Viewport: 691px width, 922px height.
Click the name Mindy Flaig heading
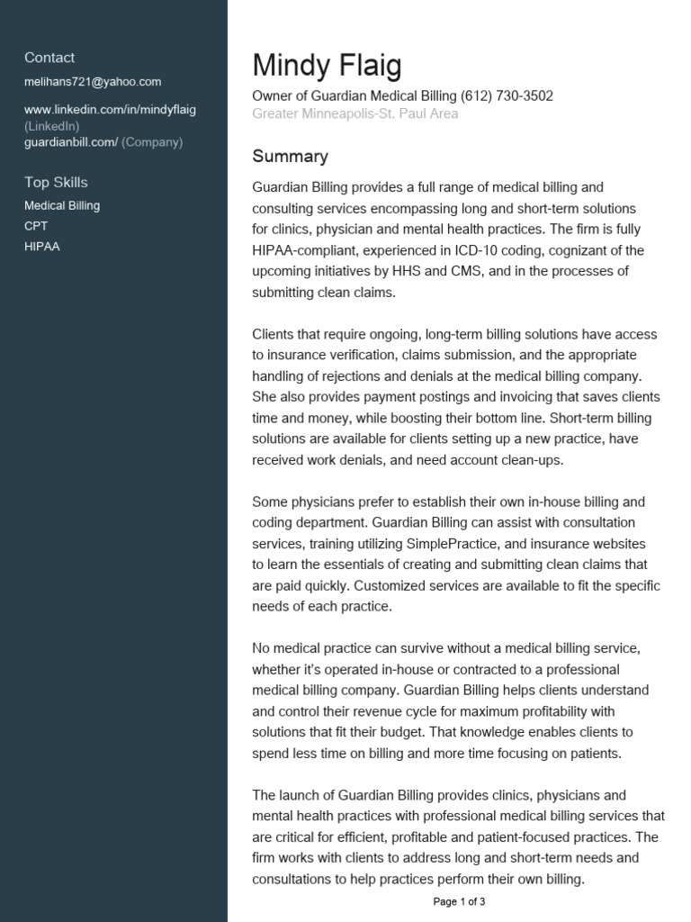pyautogui.click(x=327, y=66)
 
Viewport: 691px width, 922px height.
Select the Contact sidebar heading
pyautogui.click(x=49, y=58)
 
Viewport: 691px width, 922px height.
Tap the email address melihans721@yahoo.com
pyautogui.click(x=93, y=82)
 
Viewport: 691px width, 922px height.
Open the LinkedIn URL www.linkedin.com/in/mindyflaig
pyautogui.click(x=110, y=110)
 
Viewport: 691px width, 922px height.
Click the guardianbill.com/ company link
pyautogui.click(x=71, y=142)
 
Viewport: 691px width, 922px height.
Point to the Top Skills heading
pyautogui.click(x=56, y=183)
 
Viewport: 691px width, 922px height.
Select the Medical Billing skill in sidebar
pyautogui.click(x=62, y=206)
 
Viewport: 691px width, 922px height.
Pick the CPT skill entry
pyautogui.click(x=36, y=226)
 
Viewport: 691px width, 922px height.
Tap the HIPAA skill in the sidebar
pyautogui.click(x=42, y=247)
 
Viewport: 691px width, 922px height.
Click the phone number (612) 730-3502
pyautogui.click(x=507, y=96)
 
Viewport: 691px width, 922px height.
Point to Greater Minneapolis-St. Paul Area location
pyautogui.click(x=355, y=114)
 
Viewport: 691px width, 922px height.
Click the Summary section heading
pyautogui.click(x=290, y=157)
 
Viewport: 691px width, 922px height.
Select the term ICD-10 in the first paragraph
pyautogui.click(x=477, y=250)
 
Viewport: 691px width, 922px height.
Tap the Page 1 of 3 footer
pyautogui.click(x=459, y=901)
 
